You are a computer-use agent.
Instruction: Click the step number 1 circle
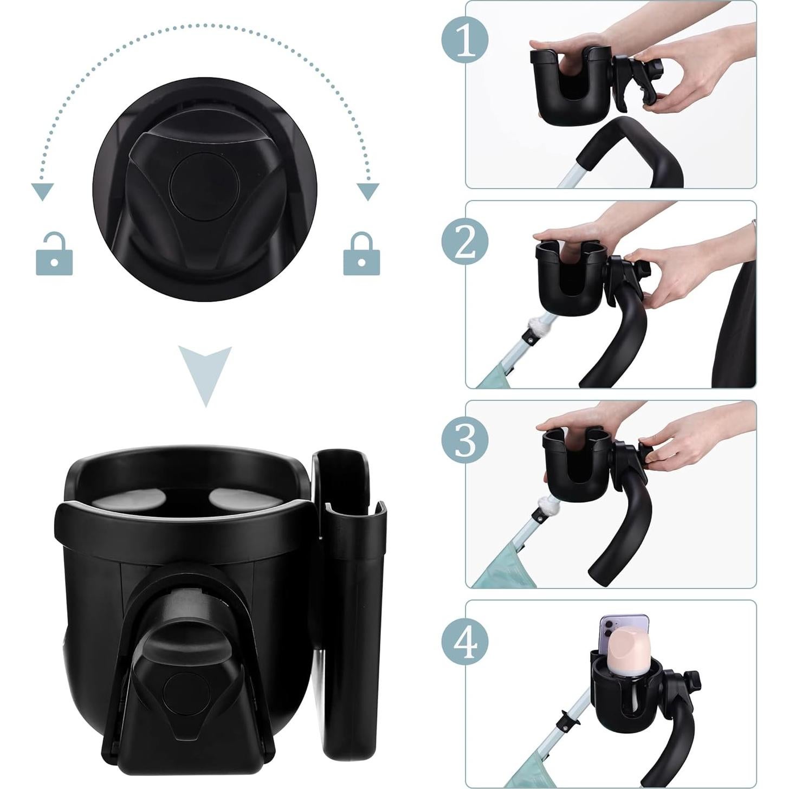pyautogui.click(x=465, y=40)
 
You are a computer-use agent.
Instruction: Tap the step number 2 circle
pyautogui.click(x=465, y=241)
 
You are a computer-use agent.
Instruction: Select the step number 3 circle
pyautogui.click(x=465, y=440)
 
